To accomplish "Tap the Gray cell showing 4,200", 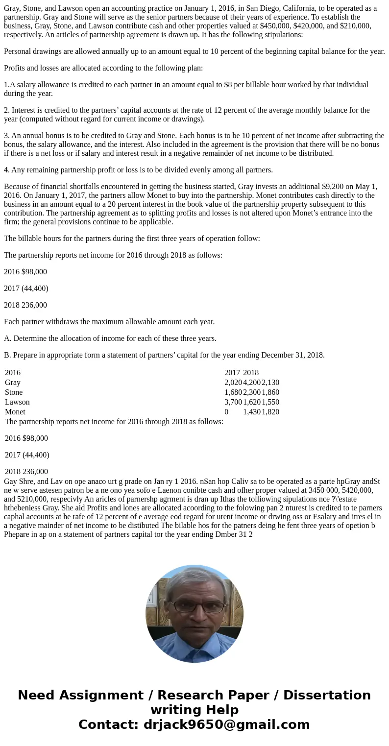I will [x=252, y=383].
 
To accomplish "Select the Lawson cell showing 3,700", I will [x=233, y=402].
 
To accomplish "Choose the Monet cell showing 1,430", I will [x=252, y=412].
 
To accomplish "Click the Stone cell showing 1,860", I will [x=270, y=392].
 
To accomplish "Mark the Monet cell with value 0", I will [x=226, y=412].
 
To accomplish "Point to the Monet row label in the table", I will [x=15, y=412].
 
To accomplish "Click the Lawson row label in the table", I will [x=17, y=402].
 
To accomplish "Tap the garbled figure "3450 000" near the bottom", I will [x=328, y=490].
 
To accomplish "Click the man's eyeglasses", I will [x=194, y=606].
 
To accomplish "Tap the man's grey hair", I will [x=194, y=580].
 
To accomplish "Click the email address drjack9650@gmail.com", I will [x=225, y=725].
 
